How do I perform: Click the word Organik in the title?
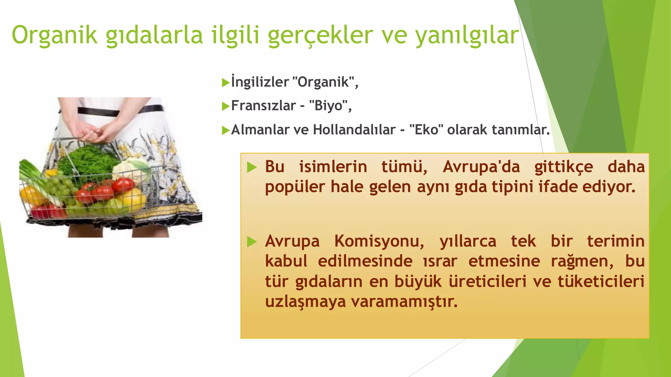pos(54,35)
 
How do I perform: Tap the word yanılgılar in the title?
pos(467,35)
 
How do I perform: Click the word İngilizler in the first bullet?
pos(260,82)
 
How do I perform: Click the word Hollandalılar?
pos(354,130)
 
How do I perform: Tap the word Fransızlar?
pos(263,106)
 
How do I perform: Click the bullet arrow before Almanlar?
pos(225,131)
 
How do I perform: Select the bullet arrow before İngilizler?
pos(225,82)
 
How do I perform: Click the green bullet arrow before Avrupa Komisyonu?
pos(252,242)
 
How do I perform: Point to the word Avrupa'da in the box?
pos(481,167)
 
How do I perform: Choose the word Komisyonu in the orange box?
pos(379,242)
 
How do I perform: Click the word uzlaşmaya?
pos(305,301)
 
